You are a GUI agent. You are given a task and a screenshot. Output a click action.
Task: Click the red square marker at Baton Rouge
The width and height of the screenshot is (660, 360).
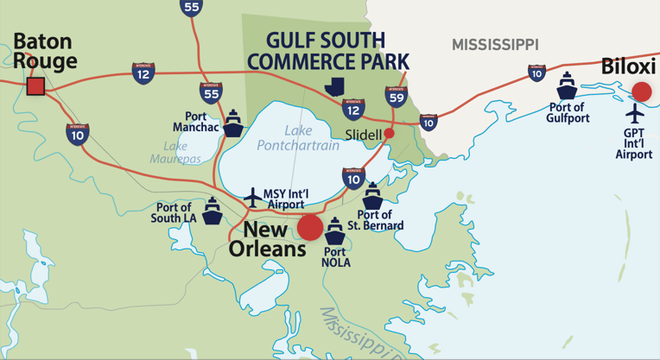tap(35, 85)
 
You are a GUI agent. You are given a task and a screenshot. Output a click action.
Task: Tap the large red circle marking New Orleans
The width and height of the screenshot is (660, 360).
tap(310, 228)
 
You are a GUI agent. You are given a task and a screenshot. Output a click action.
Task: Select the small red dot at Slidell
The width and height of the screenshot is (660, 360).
tap(389, 133)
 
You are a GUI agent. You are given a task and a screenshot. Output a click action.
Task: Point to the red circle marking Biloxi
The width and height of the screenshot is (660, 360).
tap(641, 91)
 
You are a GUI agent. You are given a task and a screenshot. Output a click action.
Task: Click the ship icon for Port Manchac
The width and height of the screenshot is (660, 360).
tap(233, 123)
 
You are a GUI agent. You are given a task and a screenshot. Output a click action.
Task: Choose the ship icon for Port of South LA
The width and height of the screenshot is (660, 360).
tap(213, 210)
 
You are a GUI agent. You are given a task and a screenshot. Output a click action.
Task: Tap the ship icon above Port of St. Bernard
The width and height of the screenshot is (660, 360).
tap(372, 195)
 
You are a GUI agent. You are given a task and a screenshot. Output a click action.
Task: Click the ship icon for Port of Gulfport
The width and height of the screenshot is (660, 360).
tap(567, 86)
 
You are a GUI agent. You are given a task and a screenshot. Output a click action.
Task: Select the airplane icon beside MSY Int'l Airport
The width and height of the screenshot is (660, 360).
tap(252, 196)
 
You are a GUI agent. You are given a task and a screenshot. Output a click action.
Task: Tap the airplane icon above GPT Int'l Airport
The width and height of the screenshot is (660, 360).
tap(635, 113)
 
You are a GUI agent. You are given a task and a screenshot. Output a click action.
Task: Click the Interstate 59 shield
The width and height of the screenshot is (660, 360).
tap(396, 97)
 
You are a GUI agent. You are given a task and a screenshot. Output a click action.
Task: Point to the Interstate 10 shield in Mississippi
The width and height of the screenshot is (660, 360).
tap(536, 73)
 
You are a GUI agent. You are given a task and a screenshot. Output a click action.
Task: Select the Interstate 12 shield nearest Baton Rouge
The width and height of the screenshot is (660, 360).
tap(144, 73)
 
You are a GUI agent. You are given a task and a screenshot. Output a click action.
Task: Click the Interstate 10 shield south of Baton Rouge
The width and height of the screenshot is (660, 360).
tap(77, 133)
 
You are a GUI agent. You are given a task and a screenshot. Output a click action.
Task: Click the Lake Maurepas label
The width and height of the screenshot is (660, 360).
tap(175, 153)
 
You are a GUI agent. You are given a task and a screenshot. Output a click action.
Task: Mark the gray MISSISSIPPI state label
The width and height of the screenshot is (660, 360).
tap(495, 43)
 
